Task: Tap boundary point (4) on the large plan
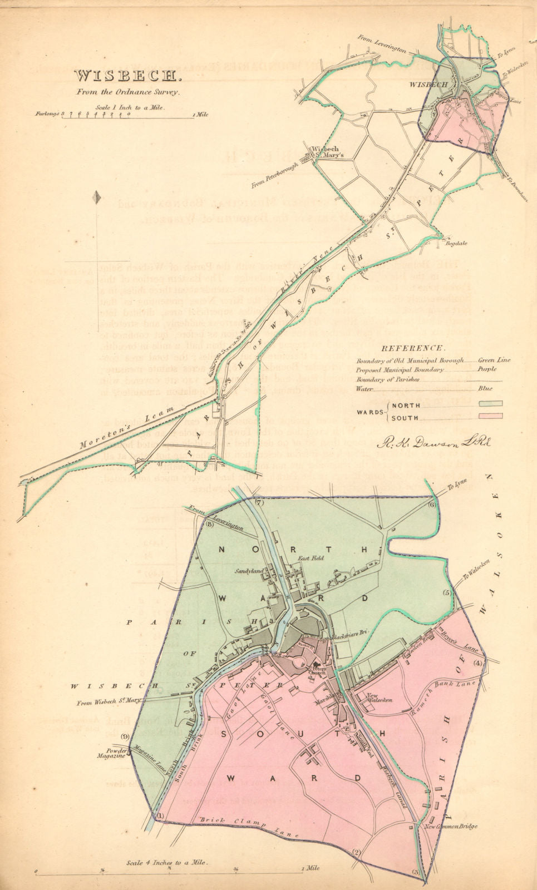point(477,663)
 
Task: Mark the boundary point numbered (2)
point(357,852)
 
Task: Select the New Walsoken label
point(380,698)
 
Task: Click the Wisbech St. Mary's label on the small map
point(324,152)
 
